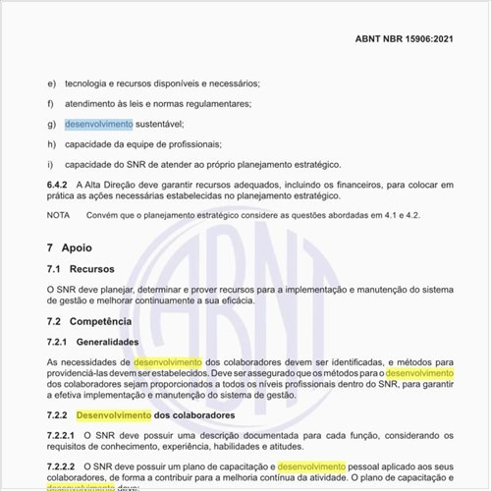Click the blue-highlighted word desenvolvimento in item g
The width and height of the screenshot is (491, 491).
point(98,125)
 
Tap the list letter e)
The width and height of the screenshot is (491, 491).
point(51,84)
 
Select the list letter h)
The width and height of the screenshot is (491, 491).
point(51,144)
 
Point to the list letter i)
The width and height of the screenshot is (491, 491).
point(50,164)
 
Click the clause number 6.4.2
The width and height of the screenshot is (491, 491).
point(59,185)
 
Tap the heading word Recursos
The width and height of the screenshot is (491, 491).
point(92,269)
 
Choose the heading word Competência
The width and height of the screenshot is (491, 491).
point(103,321)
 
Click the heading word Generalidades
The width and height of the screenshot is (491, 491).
point(108,342)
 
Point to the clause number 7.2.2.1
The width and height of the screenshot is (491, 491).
point(62,435)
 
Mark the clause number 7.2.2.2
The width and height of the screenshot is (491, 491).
point(62,464)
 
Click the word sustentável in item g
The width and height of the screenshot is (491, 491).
point(159,125)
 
